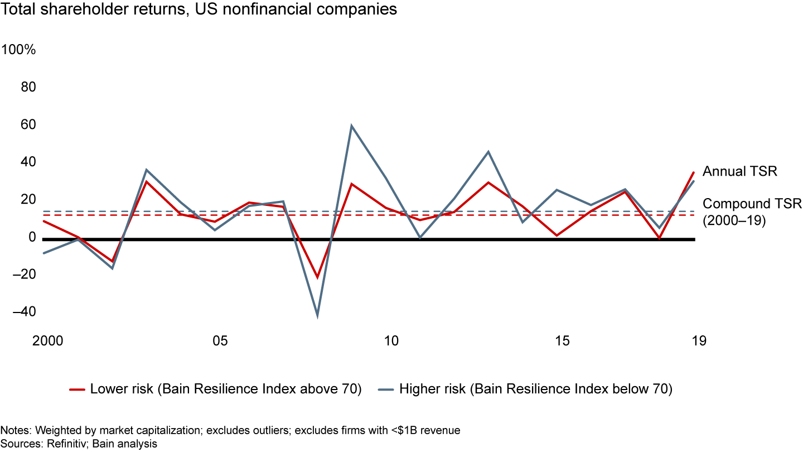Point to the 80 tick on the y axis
tap(28, 88)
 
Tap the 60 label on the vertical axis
tap(28, 125)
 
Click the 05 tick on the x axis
tap(220, 341)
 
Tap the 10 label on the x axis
tap(391, 341)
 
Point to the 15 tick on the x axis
tap(562, 341)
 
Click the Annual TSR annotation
tap(739, 171)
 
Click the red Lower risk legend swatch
tap(76, 390)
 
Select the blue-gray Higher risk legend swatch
tap(385, 390)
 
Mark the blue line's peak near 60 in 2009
tap(351, 126)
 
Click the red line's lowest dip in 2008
tap(317, 277)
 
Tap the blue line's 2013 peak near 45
tap(488, 152)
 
